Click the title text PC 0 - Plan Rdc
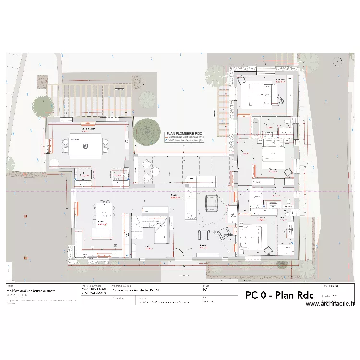(x=276, y=295)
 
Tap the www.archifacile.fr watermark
(x=330, y=304)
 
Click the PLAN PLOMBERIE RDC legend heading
(x=185, y=133)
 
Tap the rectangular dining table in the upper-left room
(x=85, y=145)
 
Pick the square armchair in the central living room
(x=211, y=203)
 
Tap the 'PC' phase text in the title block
(x=205, y=290)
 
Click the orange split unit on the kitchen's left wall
(x=77, y=208)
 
